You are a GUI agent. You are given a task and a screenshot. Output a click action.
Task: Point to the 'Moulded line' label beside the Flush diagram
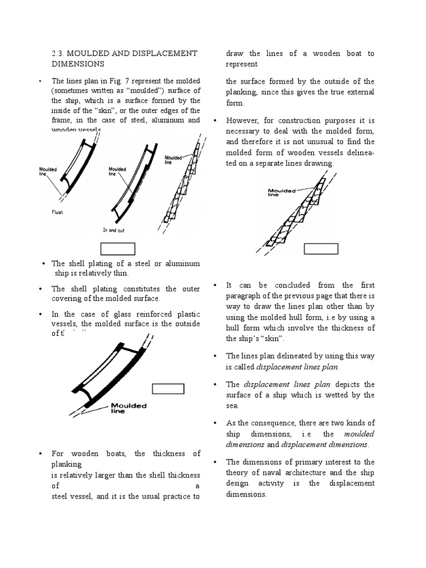[x=47, y=170]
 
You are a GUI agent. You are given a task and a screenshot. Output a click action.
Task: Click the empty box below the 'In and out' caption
[x=118, y=249]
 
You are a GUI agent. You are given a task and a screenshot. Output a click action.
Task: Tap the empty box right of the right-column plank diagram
[x=321, y=248]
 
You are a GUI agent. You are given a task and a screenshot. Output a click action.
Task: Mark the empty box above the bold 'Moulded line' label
[x=168, y=388]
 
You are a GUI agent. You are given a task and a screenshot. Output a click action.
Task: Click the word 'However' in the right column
[x=244, y=120]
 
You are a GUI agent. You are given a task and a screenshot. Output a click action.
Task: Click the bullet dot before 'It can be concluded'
[x=215, y=285]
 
